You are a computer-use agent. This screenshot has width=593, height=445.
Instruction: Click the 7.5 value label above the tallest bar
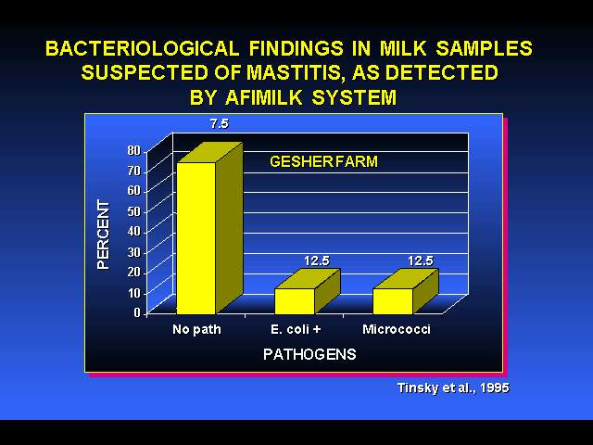(x=220, y=124)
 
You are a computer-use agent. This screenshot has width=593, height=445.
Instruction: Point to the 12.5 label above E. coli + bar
(x=317, y=261)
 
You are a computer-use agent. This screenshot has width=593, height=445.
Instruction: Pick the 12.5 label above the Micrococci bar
(x=420, y=261)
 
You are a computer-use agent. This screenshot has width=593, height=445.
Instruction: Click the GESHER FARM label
(x=323, y=162)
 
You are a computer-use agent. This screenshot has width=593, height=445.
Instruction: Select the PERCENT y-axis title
(x=103, y=235)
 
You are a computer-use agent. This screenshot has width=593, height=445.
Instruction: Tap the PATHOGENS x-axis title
(x=309, y=354)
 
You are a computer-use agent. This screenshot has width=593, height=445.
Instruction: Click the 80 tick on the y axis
(x=133, y=150)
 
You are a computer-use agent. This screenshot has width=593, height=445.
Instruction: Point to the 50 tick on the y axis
(x=133, y=211)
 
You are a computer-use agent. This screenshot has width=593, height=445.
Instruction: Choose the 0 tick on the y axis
(x=137, y=313)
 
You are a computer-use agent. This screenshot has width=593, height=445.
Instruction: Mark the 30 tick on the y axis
(x=133, y=252)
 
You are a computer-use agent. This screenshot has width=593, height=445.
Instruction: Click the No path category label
(x=196, y=330)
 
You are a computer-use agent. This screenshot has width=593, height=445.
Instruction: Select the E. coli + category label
(x=296, y=329)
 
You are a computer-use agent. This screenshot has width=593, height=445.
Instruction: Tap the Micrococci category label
(x=397, y=329)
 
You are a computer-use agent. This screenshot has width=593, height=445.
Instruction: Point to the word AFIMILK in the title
(x=263, y=97)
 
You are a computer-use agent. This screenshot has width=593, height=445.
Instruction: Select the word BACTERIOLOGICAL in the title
(x=142, y=48)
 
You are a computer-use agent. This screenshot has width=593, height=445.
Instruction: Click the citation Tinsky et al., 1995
(x=453, y=388)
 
